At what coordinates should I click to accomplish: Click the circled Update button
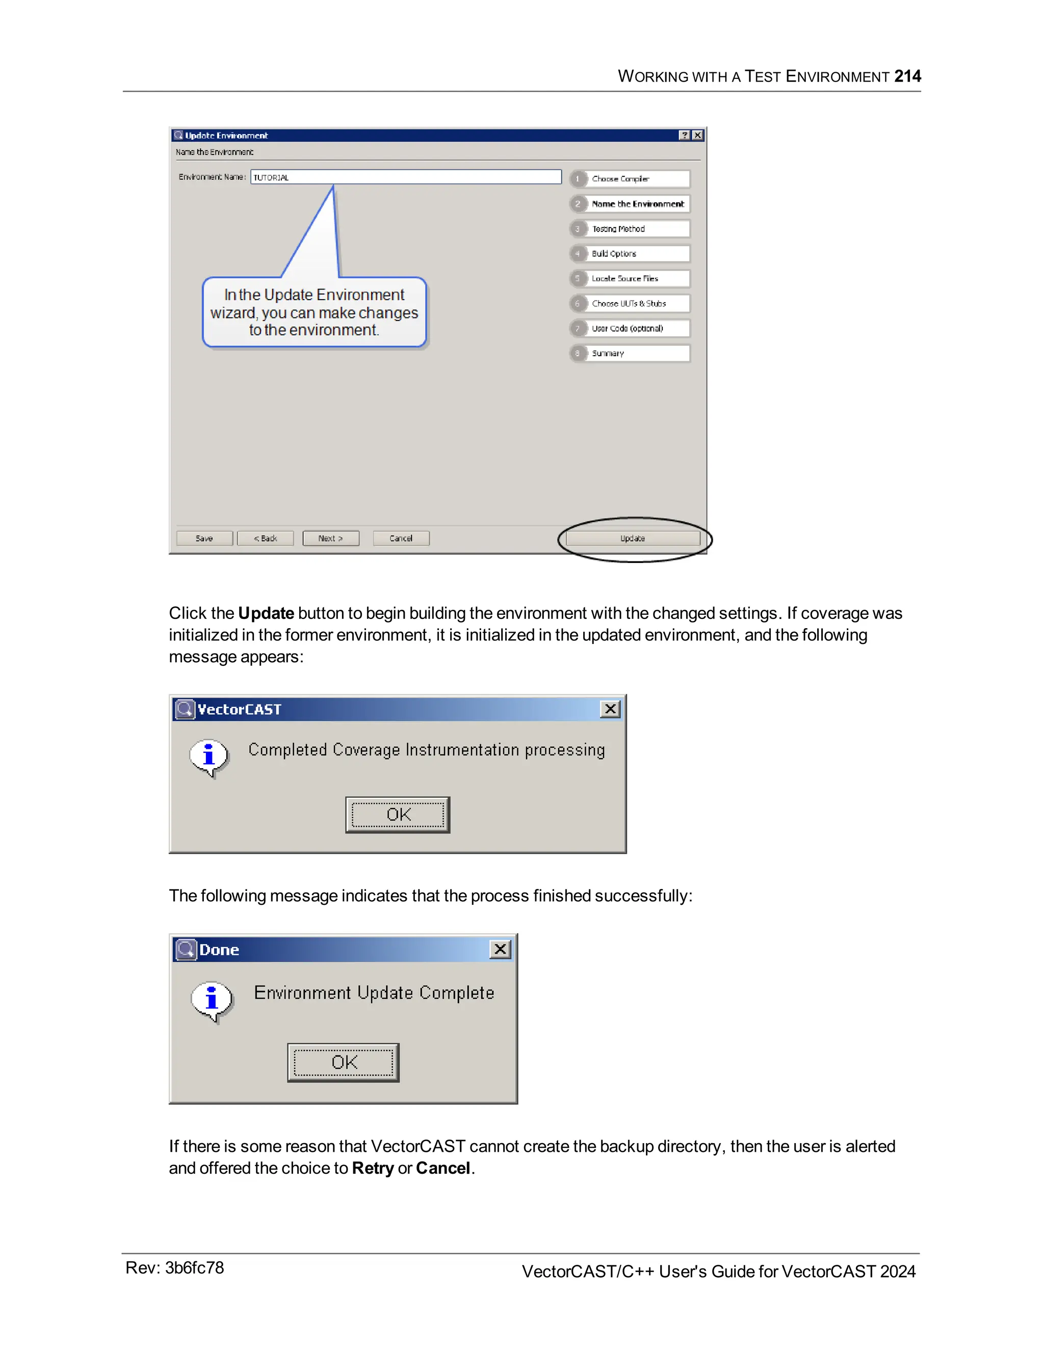633,538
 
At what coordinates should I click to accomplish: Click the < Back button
265,538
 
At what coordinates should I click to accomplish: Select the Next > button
331,538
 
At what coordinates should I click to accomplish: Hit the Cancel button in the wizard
401,538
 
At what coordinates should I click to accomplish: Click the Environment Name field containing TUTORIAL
406,177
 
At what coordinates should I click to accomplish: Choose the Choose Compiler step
630,179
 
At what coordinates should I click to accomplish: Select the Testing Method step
630,229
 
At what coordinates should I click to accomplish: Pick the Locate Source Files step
630,279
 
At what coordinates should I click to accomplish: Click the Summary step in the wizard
630,354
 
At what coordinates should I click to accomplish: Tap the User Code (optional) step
630,328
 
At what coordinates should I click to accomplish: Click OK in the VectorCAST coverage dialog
398,815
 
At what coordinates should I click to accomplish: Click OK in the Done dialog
343,1063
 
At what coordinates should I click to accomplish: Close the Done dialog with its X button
501,949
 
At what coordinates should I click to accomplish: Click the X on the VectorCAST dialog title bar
610,709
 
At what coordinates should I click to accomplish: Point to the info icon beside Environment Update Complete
212,999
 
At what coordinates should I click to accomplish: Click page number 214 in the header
907,76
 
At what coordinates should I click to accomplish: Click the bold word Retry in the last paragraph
372,1168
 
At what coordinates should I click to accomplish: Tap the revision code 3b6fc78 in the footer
194,1268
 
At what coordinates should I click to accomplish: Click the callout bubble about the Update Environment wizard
314,312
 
